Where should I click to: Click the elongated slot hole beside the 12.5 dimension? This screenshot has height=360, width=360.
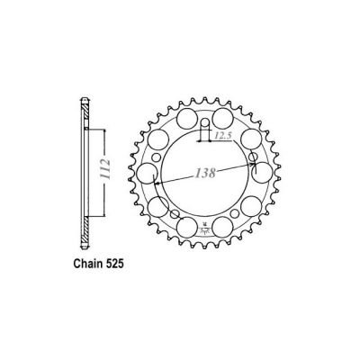tap(205, 127)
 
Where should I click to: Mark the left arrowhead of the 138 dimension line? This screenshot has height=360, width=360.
tap(155, 183)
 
